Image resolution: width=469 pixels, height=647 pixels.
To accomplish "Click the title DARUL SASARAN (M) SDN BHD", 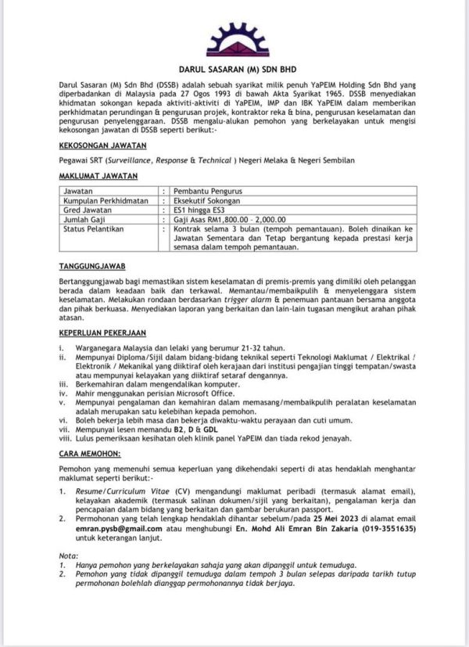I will [x=235, y=68].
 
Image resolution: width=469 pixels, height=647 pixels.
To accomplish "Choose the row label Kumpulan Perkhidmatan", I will [x=106, y=200].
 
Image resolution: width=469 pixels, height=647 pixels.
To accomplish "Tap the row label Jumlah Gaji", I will [x=88, y=221].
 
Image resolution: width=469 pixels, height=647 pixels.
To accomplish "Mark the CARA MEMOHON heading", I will [x=91, y=453].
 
